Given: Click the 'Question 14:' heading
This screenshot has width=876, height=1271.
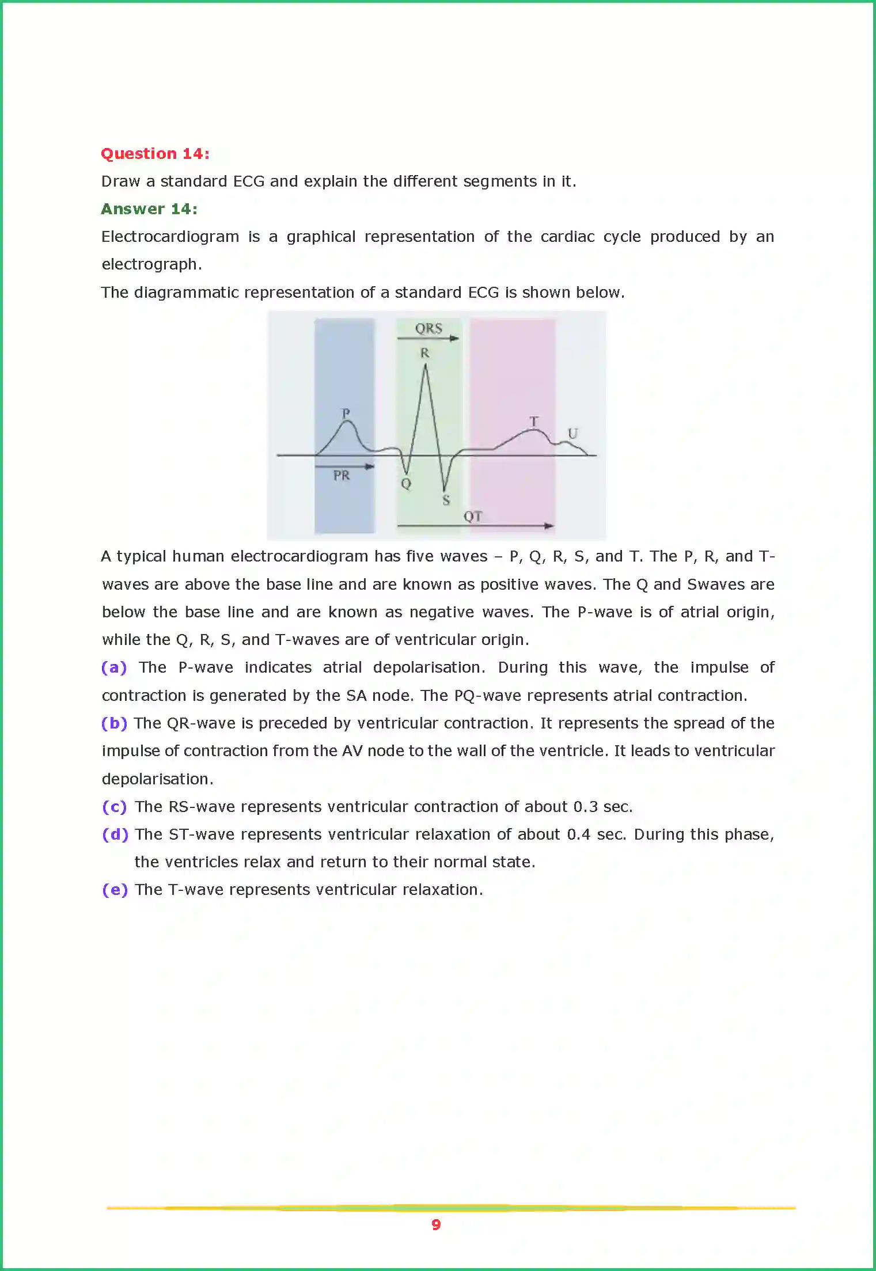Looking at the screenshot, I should pos(155,154).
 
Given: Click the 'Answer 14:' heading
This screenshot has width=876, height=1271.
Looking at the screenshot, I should pos(149,209).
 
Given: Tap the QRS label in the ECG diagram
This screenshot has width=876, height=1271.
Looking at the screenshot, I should pos(428,328).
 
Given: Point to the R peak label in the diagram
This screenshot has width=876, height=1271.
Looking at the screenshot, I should pos(424,353).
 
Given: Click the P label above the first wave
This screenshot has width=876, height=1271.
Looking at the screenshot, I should pos(346,413).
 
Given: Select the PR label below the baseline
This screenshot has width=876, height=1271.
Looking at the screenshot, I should pos(341,476).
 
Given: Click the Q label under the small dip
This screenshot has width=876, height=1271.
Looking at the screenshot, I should pos(406,484).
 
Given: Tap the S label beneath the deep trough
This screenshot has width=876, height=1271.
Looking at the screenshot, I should pos(446,500).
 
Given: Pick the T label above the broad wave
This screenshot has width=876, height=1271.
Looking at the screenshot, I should pos(534,422).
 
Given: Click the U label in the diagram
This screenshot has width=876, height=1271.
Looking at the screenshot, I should pos(572,433).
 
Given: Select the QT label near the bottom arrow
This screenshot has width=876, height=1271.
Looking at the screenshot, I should pos(472,516).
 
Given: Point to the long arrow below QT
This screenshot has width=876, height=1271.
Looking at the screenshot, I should pos(475,526).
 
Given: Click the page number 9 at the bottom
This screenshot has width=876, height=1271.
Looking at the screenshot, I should pos(436,1224).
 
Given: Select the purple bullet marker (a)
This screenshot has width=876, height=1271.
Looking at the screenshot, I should pos(113,667).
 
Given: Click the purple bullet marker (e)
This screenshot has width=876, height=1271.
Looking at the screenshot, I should pos(114,890).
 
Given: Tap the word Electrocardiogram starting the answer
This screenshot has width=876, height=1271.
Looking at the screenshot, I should pos(170,237).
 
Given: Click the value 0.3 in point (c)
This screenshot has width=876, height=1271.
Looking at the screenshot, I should pos(585,807).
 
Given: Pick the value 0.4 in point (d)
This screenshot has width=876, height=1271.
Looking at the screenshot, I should pos(579,834).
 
